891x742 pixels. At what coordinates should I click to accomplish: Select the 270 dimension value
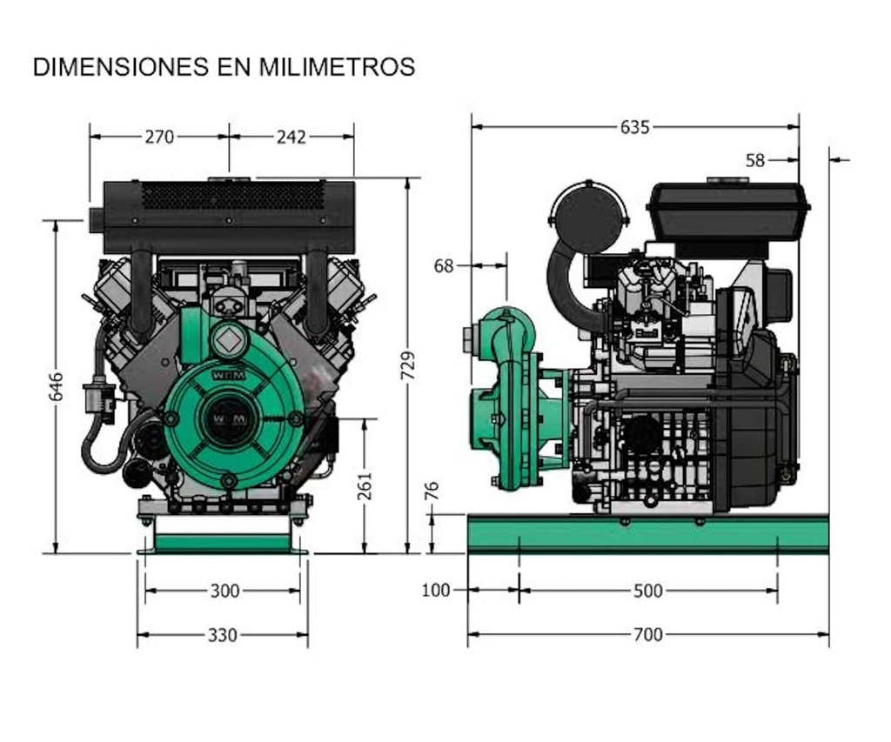159,137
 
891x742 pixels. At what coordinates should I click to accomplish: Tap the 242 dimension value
291,137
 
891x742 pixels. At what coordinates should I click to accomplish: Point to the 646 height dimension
56,387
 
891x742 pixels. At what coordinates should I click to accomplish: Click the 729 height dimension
407,365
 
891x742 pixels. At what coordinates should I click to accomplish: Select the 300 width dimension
224,591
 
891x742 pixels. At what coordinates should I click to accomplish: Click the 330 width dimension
223,635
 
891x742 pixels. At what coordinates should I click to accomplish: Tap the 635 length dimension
635,127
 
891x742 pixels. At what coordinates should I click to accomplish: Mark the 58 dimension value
755,160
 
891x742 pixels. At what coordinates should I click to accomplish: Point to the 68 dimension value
444,266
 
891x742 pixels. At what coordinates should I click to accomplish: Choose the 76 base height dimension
432,491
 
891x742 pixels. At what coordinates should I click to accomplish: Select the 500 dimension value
647,591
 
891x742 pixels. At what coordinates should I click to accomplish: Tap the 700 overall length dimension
647,634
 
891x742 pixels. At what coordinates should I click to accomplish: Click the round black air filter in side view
589,217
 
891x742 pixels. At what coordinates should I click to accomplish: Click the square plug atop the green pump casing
230,339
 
